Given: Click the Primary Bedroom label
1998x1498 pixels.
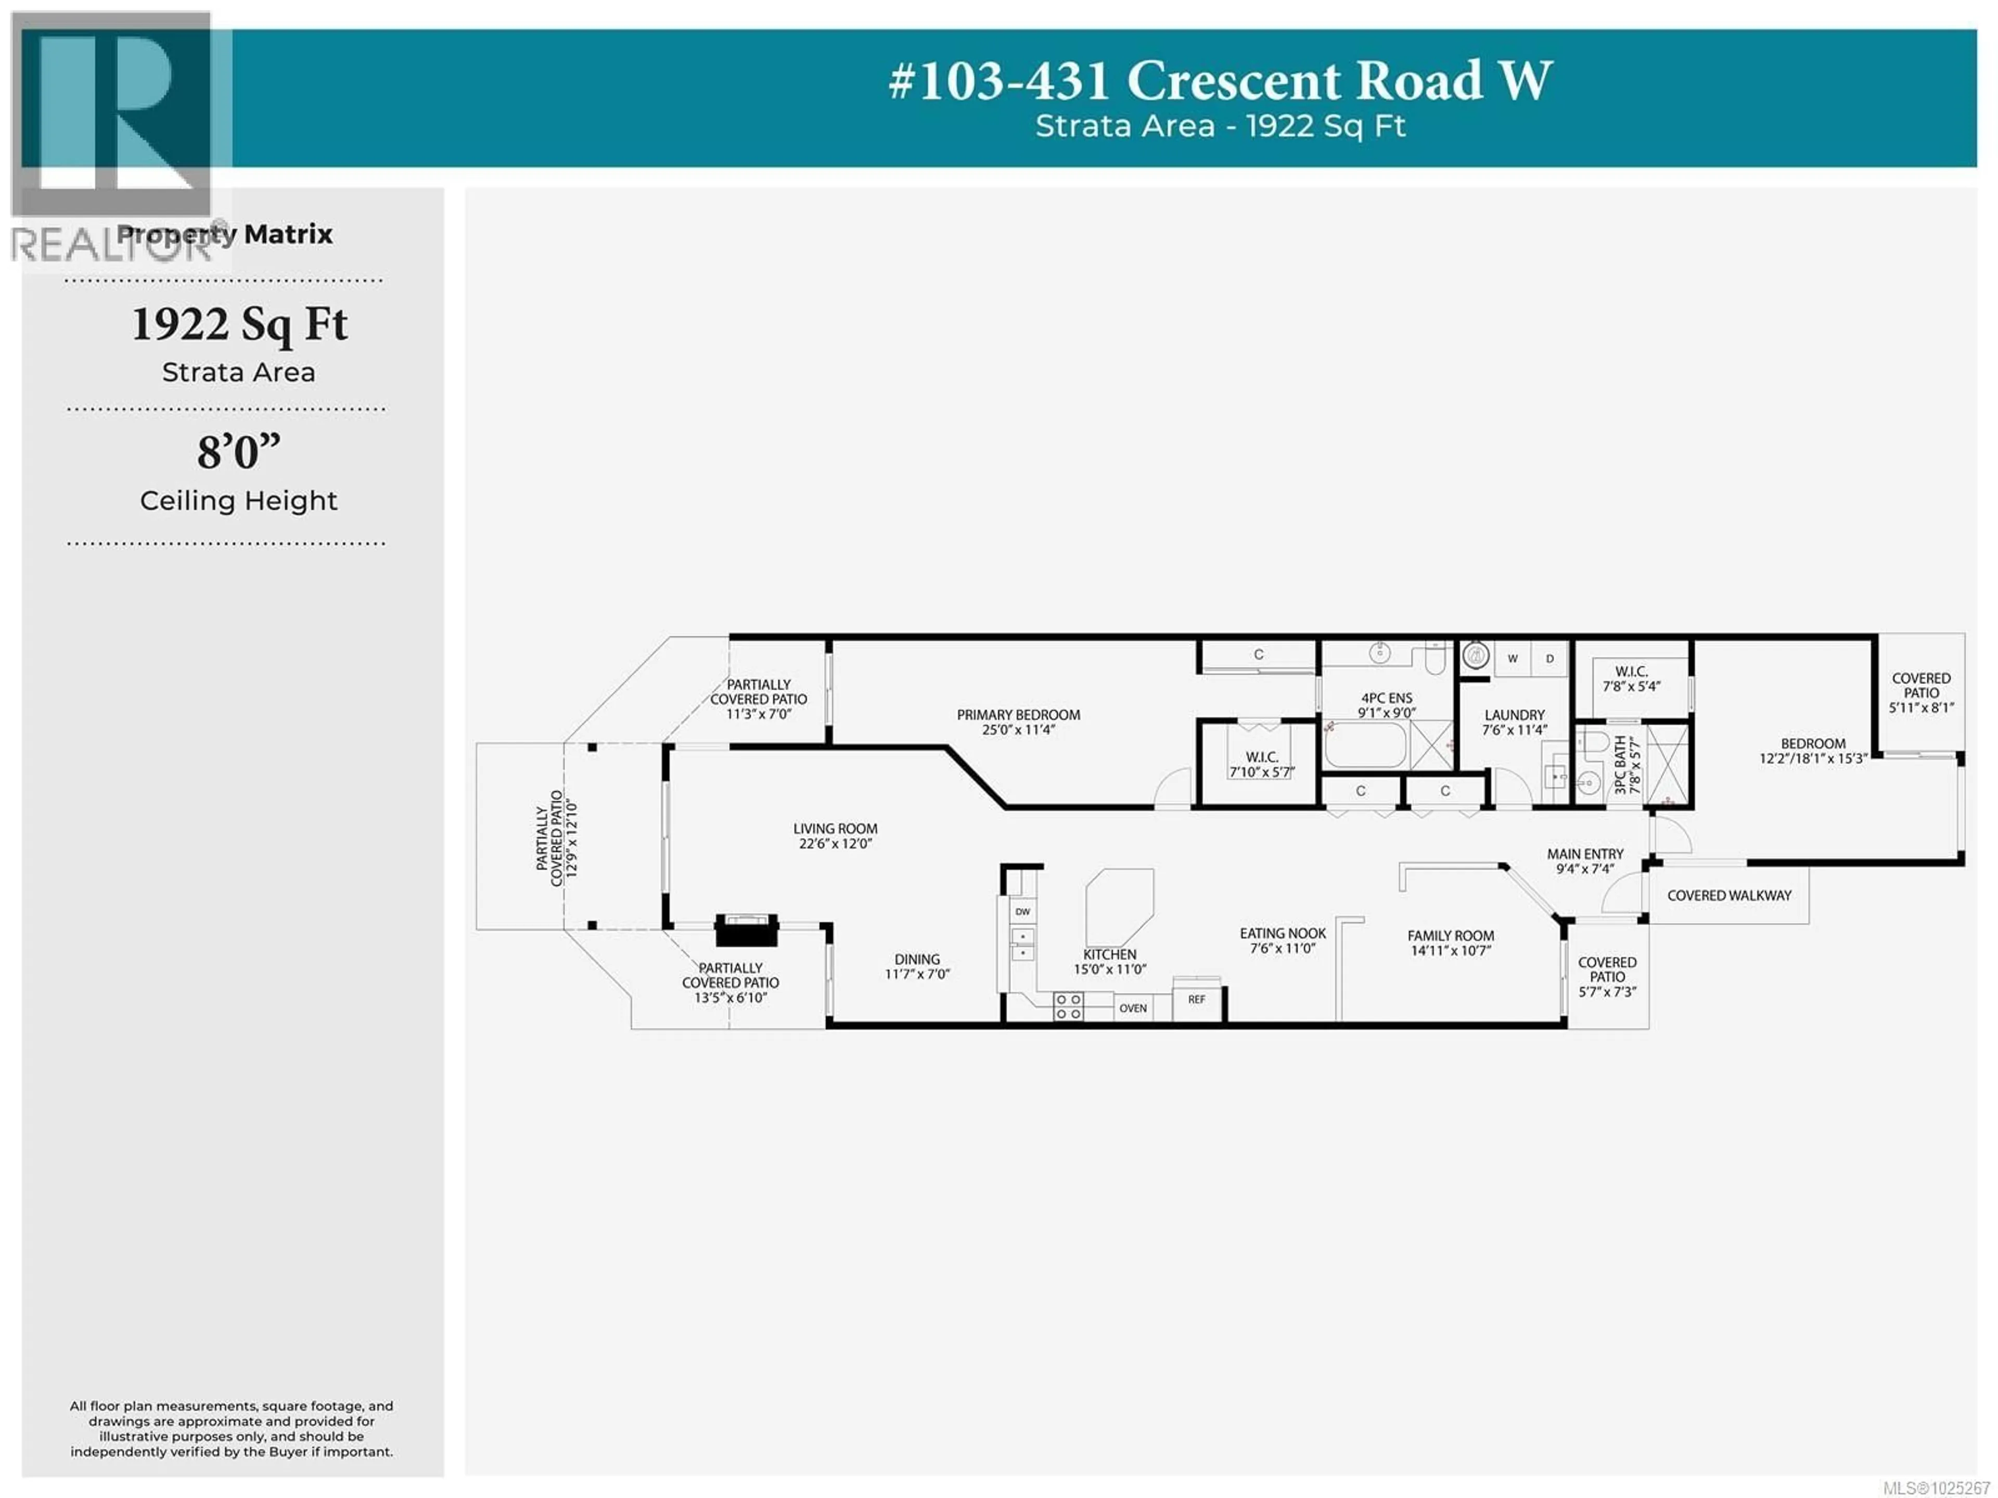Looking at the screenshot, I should point(1018,715).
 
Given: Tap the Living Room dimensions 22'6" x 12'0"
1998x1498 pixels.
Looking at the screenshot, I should point(835,844).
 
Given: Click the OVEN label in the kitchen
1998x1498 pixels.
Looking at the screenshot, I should point(1133,1008).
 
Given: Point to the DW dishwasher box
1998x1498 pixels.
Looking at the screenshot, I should point(1022,911).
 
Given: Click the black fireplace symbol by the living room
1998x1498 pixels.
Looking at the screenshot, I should point(746,930).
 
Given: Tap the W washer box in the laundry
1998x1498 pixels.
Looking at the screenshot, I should point(1512,658).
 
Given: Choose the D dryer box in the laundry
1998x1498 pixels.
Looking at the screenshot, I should point(1550,658).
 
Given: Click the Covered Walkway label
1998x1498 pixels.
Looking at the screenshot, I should point(1729,895).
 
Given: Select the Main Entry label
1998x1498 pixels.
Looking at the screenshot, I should point(1585,854).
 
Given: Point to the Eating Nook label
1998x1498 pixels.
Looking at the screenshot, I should point(1283,933).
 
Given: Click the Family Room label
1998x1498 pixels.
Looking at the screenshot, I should point(1451,936).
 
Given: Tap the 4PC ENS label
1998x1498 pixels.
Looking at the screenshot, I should point(1387,699).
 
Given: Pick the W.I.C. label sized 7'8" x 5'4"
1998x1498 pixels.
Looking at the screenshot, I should point(1631,671).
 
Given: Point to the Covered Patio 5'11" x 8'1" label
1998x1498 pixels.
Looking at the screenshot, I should point(1921,692).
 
